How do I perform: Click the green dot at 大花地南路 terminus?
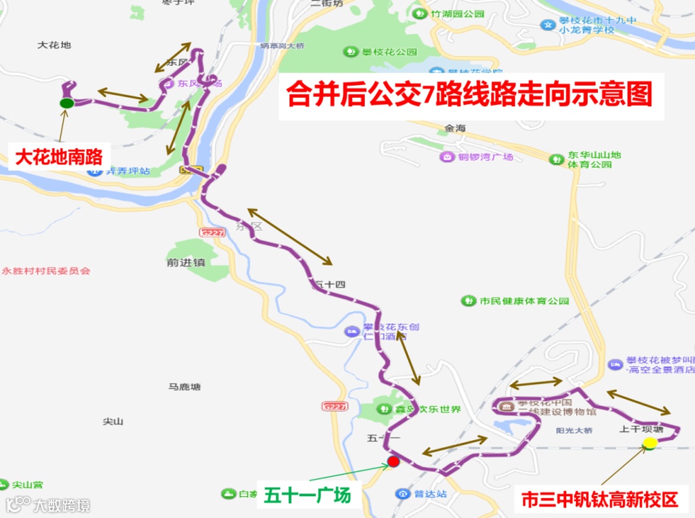coord(66,103)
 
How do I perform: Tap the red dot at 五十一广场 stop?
coord(394,461)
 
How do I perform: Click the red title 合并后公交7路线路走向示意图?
coord(470,95)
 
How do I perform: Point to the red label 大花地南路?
coord(59,157)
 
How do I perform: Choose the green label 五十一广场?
coord(308,495)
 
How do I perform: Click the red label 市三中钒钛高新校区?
coord(600,499)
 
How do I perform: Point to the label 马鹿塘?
coord(185,387)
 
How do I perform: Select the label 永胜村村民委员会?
coord(46,271)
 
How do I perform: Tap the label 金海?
coord(454,128)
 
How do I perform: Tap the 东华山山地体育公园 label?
coord(594,160)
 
